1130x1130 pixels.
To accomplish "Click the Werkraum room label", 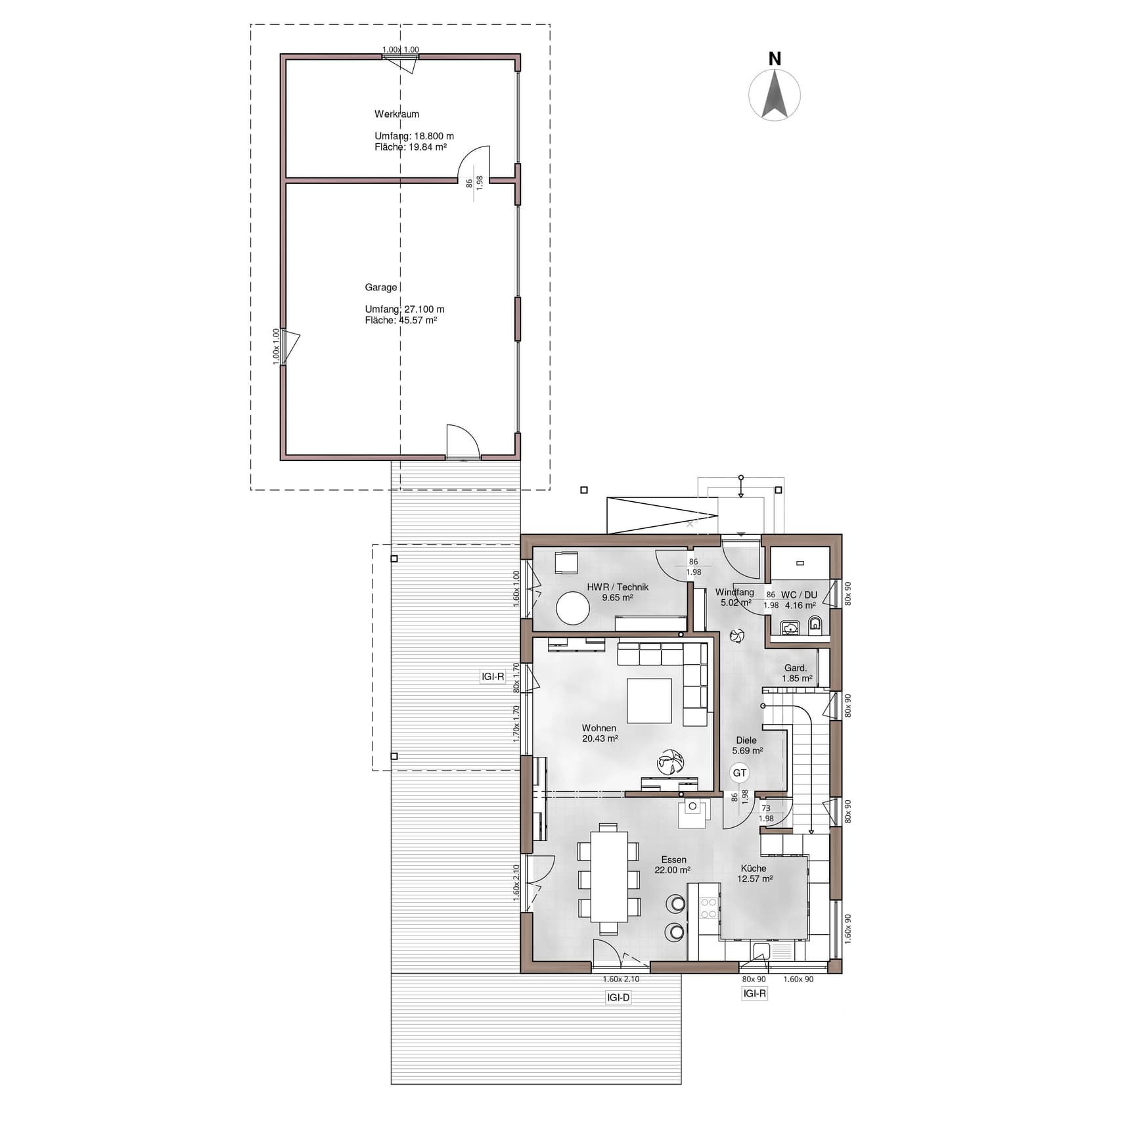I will click(x=397, y=114).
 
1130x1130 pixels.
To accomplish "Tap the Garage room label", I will click(x=381, y=287).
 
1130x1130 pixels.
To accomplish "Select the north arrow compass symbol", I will click(x=775, y=95).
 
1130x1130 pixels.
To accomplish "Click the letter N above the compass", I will click(x=775, y=59).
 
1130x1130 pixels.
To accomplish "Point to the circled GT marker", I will click(x=740, y=773).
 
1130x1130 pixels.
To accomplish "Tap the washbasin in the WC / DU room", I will click(x=790, y=628).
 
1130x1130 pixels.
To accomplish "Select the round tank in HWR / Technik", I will click(x=573, y=608).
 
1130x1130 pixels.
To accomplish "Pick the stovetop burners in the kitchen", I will click(x=709, y=908).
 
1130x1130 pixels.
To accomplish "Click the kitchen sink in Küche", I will click(x=761, y=951).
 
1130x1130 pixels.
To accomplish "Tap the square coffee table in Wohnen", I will click(x=649, y=701).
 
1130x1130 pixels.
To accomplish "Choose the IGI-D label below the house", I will click(x=618, y=997).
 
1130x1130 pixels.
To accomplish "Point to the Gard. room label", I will click(x=796, y=668).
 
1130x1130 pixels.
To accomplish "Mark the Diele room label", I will click(x=746, y=740).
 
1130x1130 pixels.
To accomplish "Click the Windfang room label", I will click(x=734, y=592).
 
